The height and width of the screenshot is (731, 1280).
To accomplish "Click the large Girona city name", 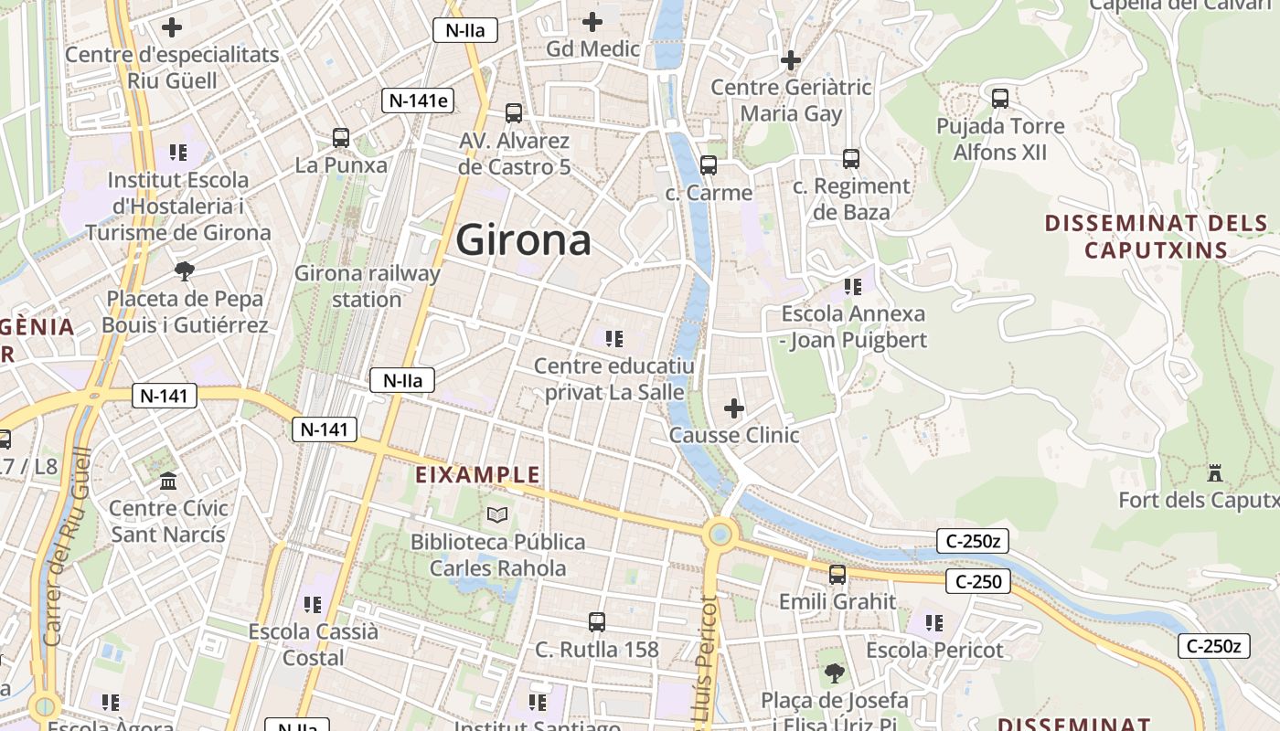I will pyautogui.click(x=523, y=240).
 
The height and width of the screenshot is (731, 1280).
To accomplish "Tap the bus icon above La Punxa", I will pyautogui.click(x=341, y=138).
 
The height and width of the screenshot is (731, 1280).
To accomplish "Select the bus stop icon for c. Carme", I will pyautogui.click(x=709, y=165).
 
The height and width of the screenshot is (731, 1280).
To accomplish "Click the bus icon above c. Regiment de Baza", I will pyautogui.click(x=851, y=159).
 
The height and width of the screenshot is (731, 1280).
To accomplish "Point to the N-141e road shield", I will pyautogui.click(x=418, y=101).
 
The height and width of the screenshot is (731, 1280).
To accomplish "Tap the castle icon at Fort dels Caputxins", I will pyautogui.click(x=1215, y=473).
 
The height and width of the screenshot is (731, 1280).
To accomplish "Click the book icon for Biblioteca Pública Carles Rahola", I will pyautogui.click(x=496, y=514).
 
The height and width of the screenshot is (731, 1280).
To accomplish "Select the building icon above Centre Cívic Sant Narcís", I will pyautogui.click(x=168, y=481).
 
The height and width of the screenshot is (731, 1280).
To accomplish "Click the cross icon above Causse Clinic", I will pyautogui.click(x=733, y=408).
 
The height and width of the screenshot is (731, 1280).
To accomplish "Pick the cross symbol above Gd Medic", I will pyautogui.click(x=592, y=21).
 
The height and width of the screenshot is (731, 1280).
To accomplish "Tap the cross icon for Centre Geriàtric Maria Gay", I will pyautogui.click(x=791, y=60).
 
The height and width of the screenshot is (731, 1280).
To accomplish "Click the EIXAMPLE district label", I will pyautogui.click(x=477, y=475).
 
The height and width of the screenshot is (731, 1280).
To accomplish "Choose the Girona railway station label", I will pyautogui.click(x=367, y=286).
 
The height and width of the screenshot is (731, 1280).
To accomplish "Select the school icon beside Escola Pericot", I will pyautogui.click(x=933, y=623).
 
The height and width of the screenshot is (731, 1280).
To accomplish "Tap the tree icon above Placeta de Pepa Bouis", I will pyautogui.click(x=185, y=270).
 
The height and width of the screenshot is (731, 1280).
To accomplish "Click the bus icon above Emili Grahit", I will pyautogui.click(x=837, y=575).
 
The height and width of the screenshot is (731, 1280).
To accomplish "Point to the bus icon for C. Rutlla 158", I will pyautogui.click(x=597, y=622).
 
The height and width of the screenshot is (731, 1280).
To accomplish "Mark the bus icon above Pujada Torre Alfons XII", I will pyautogui.click(x=1000, y=98).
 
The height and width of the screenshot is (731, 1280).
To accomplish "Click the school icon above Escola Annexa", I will pyautogui.click(x=853, y=287).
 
